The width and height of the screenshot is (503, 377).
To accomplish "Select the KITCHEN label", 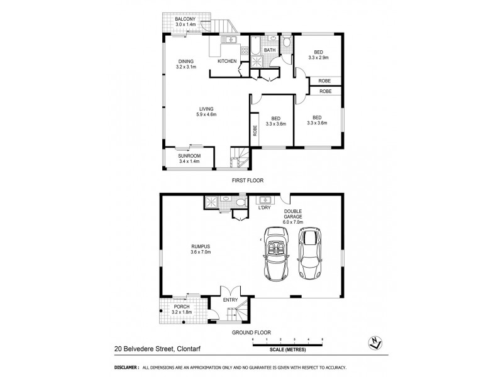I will pos(226,61).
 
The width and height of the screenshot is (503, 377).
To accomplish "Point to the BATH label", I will pos(270,50).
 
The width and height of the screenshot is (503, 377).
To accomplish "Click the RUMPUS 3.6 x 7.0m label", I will pos(201,249).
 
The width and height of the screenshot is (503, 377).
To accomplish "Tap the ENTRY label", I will pos(231,300).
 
